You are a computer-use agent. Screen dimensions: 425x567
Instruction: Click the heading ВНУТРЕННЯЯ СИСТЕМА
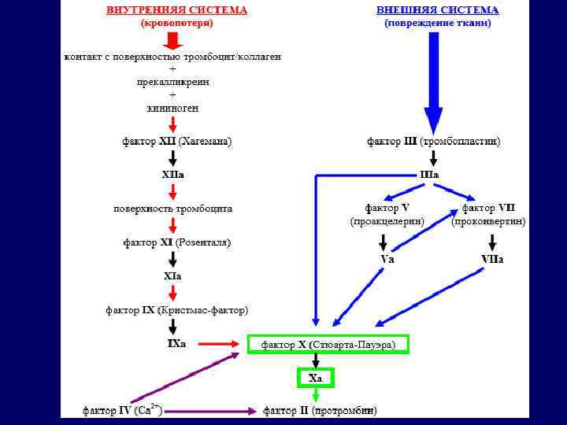point(177,10)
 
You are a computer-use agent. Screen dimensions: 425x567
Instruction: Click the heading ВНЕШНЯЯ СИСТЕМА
point(437,10)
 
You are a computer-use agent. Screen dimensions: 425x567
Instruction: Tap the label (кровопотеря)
point(177,24)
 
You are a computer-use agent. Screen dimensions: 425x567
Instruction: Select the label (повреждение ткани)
point(437,24)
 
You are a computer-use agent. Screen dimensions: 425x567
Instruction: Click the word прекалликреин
point(172,82)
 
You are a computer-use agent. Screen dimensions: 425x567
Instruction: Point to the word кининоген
point(172,108)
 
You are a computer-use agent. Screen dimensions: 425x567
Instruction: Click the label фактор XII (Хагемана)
point(176,142)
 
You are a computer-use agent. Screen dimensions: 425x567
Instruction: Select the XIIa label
point(173,175)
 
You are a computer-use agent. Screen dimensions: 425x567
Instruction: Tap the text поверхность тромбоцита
point(173,209)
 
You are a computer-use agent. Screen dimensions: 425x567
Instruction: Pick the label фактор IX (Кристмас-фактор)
point(177,310)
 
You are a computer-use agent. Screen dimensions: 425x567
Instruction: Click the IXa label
point(176,344)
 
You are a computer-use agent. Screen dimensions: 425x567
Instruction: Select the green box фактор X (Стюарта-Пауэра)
point(328,345)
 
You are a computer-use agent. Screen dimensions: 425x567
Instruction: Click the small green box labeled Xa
point(316,379)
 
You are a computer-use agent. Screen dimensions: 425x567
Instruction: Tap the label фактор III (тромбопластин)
point(434,142)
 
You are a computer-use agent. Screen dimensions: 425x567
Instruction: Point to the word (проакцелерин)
point(387,222)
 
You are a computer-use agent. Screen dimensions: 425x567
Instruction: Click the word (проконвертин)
point(488,222)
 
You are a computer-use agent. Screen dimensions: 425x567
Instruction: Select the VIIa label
point(492,259)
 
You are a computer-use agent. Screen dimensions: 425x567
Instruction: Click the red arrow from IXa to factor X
point(218,344)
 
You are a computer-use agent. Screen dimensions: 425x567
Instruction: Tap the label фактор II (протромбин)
point(320,411)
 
